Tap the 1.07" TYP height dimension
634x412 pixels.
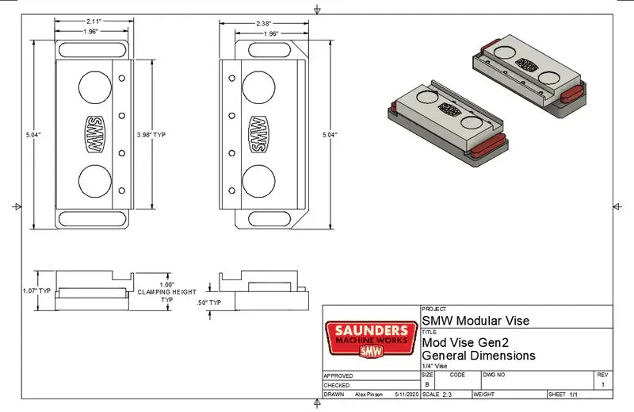coord(36,291)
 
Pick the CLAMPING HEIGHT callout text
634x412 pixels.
coord(166,292)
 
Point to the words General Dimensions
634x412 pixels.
coord(479,355)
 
